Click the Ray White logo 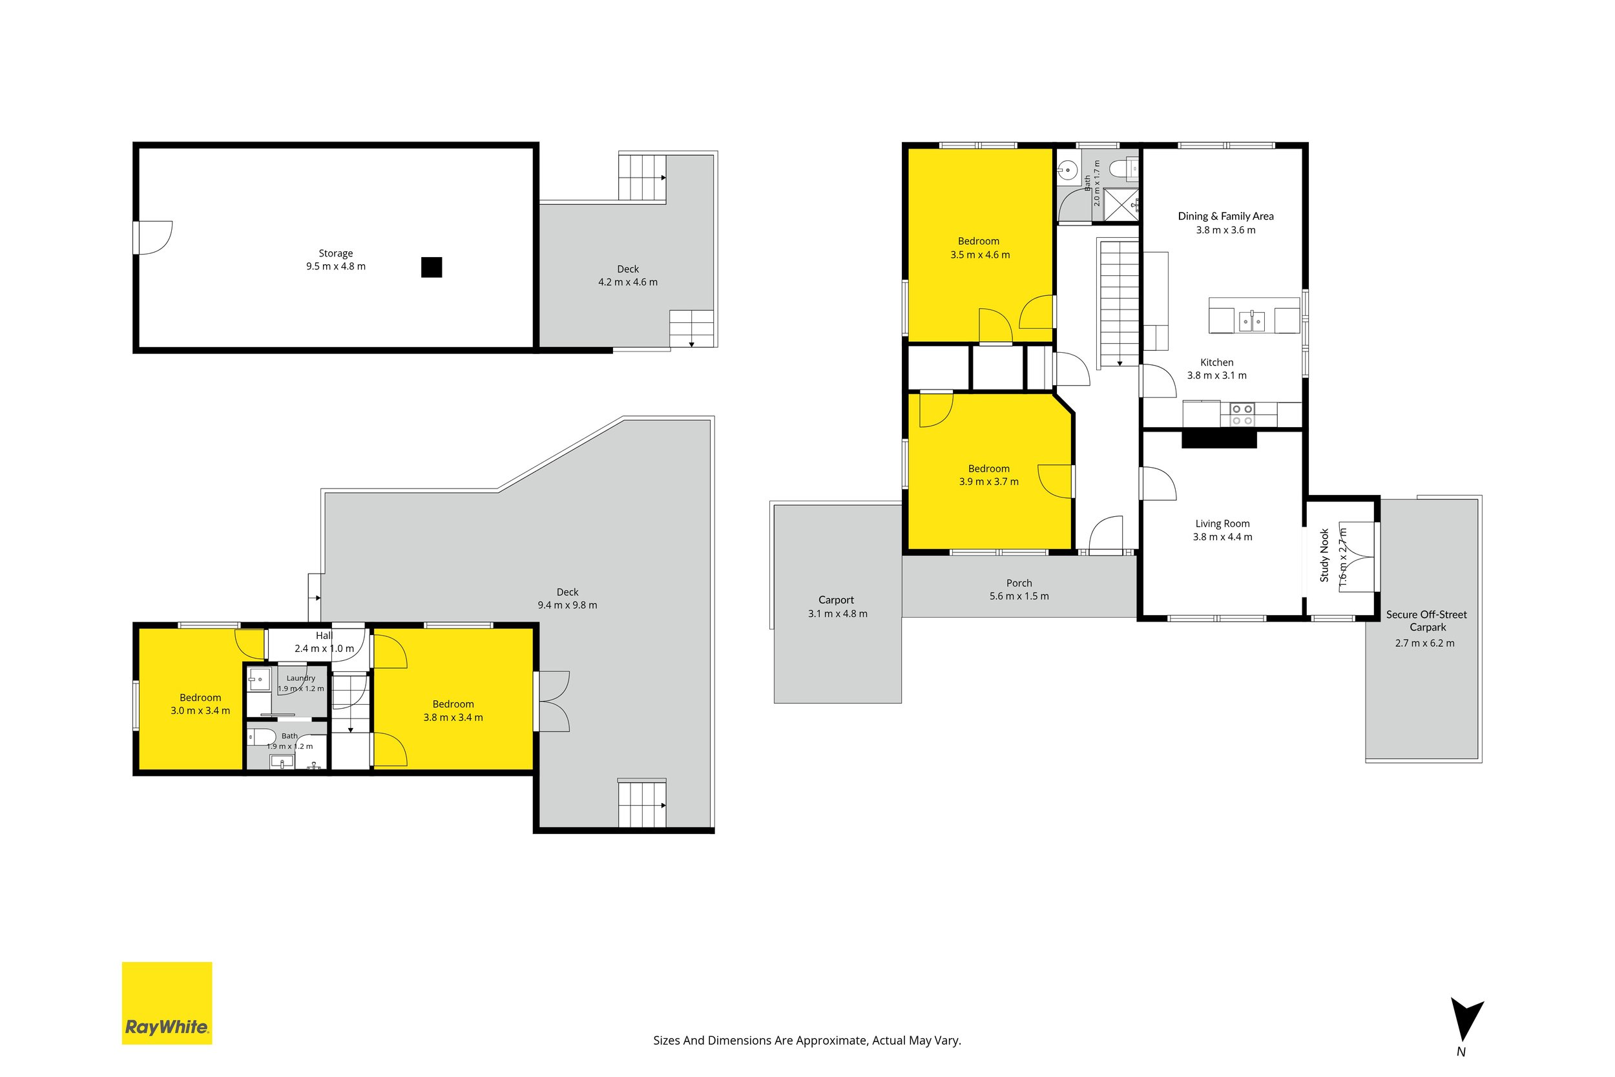pos(167,1003)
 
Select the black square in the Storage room pos(432,267)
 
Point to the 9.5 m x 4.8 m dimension pos(336,266)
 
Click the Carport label pos(837,600)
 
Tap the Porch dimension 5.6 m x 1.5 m pos(1019,596)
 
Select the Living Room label pos(1222,523)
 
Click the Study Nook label pos(1324,556)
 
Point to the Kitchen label pos(1217,362)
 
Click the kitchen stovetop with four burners pos(1242,413)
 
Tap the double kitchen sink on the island pos(1252,320)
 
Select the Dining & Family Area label pos(1225,216)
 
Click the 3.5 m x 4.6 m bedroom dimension pos(980,255)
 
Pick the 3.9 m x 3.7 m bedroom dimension pos(989,481)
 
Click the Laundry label pos(301,678)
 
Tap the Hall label pos(324,635)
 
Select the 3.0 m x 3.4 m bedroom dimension pos(200,711)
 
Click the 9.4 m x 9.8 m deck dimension pos(567,605)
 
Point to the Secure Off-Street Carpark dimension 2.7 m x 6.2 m pos(1425,643)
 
